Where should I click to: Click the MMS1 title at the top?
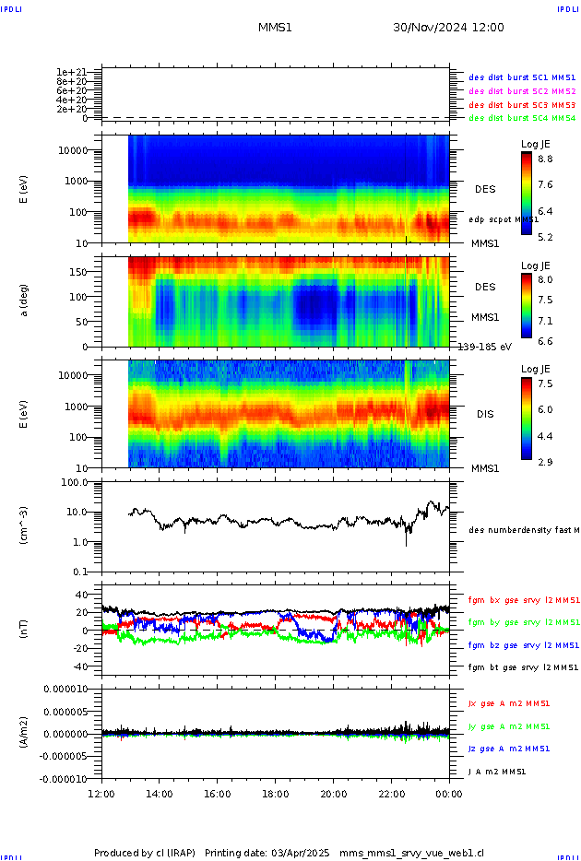pyautogui.click(x=275, y=28)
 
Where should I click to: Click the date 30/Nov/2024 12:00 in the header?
pyautogui.click(x=448, y=28)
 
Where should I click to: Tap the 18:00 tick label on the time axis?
pyautogui.click(x=276, y=793)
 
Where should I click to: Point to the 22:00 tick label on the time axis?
pyautogui.click(x=392, y=793)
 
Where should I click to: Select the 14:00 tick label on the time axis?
pyautogui.click(x=160, y=793)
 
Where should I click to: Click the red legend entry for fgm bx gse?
pyautogui.click(x=522, y=600)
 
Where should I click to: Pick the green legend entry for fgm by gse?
pyautogui.click(x=522, y=622)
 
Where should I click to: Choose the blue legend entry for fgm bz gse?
pyautogui.click(x=522, y=645)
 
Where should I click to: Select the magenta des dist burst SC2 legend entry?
pyautogui.click(x=522, y=91)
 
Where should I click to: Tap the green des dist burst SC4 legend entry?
pyautogui.click(x=522, y=118)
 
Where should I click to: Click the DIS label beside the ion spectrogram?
pyautogui.click(x=485, y=414)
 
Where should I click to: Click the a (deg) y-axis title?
pyautogui.click(x=25, y=301)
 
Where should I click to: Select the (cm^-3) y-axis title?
pyautogui.click(x=25, y=525)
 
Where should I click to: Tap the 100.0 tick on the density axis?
pyautogui.click(x=75, y=482)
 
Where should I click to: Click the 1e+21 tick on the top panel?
pyautogui.click(x=71, y=72)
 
